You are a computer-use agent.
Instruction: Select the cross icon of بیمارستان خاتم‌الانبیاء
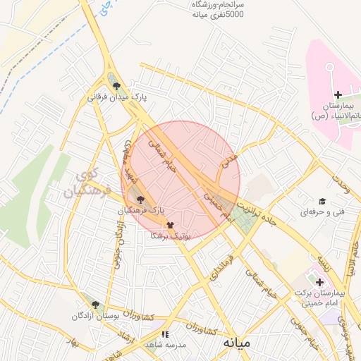[x=337, y=94]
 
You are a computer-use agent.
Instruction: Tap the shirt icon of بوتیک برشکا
[x=169, y=226]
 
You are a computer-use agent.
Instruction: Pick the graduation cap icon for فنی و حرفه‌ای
[x=322, y=201]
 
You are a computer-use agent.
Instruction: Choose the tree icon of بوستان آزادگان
[x=95, y=305]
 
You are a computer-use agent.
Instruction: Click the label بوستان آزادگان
[x=94, y=317]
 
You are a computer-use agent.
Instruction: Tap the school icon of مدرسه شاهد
[x=165, y=334]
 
